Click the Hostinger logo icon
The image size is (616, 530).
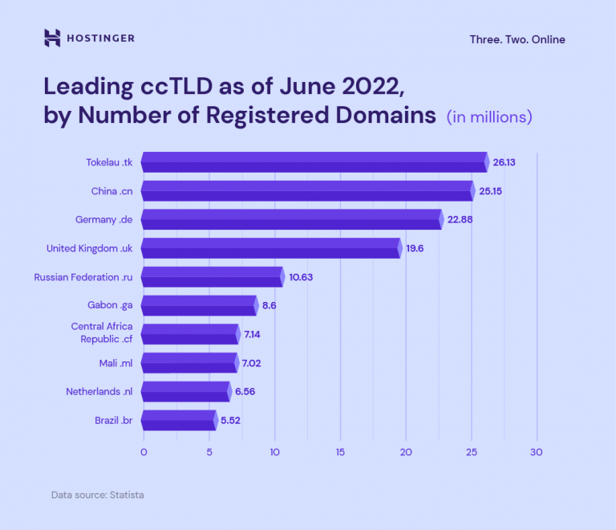pyautogui.click(x=52, y=38)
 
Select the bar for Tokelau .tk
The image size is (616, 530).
pyautogui.click(x=314, y=162)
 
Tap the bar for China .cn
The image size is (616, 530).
pyautogui.click(x=308, y=191)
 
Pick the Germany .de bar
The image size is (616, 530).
pyautogui.click(x=292, y=219)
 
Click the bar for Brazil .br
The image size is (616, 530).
pyautogui.click(x=180, y=419)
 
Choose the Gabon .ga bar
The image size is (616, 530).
pyautogui.click(x=200, y=305)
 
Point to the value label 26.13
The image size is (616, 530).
pyautogui.click(x=504, y=162)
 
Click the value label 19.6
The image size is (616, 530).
pyautogui.click(x=415, y=248)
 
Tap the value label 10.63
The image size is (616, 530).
pyautogui.click(x=301, y=277)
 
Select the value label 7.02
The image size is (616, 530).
pyautogui.click(x=251, y=363)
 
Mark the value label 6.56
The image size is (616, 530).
pyautogui.click(x=244, y=391)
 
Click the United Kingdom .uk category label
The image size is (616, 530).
pyautogui.click(x=89, y=248)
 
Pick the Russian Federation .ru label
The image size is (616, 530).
pyautogui.click(x=83, y=277)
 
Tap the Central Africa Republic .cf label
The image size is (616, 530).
pyautogui.click(x=102, y=332)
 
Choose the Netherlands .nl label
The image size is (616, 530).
pyautogui.click(x=99, y=391)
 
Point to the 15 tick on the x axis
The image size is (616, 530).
pyautogui.click(x=340, y=452)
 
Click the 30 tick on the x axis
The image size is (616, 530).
pyautogui.click(x=537, y=452)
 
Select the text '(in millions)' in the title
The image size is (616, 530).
pyautogui.click(x=489, y=117)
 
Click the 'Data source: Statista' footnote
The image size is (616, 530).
pyautogui.click(x=97, y=495)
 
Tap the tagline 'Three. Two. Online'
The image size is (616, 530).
pyautogui.click(x=517, y=39)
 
